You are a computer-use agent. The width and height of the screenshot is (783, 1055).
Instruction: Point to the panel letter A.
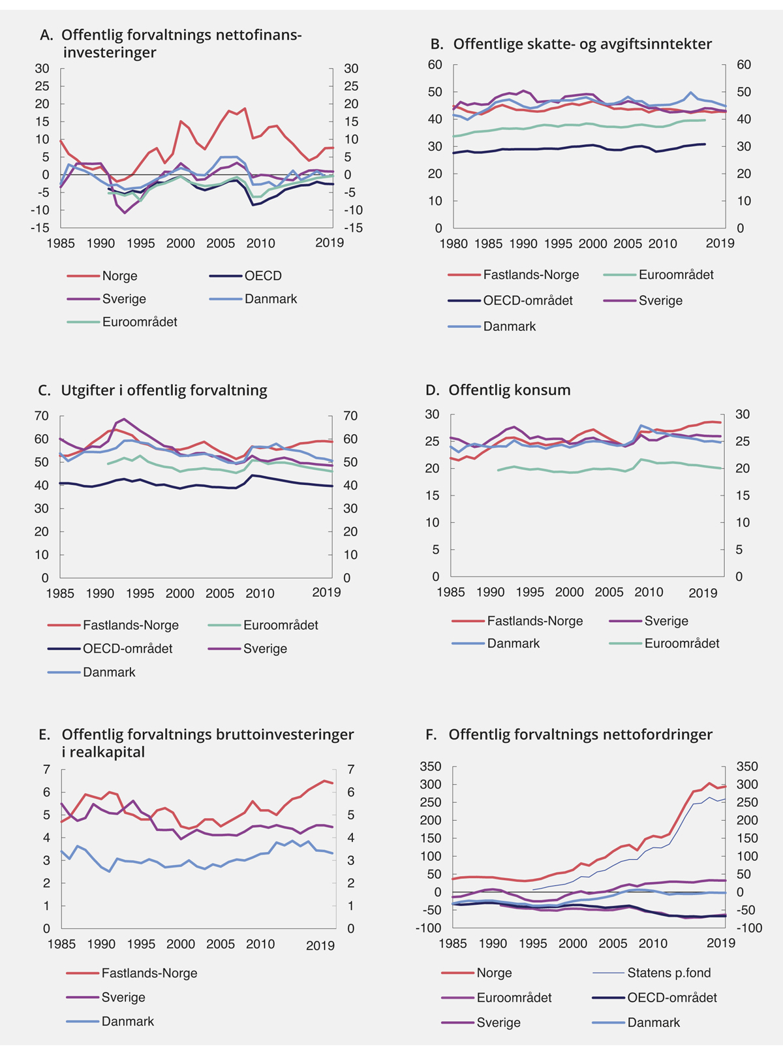(x=46, y=35)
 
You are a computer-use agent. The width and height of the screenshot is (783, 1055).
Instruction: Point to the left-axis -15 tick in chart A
(x=40, y=228)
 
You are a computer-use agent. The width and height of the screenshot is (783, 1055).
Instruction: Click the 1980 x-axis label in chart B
(x=453, y=244)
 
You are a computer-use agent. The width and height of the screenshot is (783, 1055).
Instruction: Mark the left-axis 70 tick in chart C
(x=41, y=416)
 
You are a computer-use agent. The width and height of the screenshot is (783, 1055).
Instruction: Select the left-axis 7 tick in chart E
(x=46, y=770)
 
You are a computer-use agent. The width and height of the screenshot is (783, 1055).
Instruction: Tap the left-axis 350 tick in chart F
(x=431, y=766)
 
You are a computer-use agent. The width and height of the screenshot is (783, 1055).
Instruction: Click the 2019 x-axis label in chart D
(x=703, y=593)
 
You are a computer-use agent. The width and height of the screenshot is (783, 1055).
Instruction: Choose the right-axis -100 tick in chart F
(x=748, y=928)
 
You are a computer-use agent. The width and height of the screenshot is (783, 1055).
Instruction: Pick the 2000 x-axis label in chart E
(x=181, y=944)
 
